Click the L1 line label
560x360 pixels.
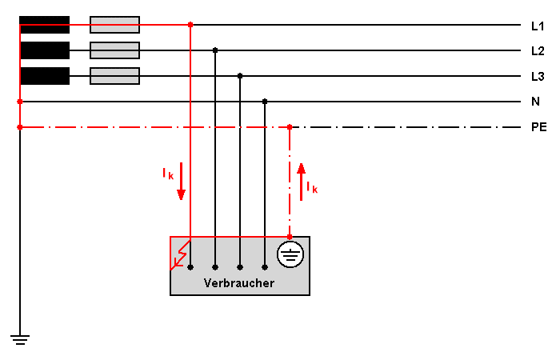(538, 26)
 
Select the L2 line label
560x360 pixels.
(538, 51)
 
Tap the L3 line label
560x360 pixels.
(538, 77)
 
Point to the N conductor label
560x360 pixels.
(535, 102)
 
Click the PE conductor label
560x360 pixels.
(539, 127)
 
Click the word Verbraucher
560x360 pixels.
(239, 283)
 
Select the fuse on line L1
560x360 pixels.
(114, 25)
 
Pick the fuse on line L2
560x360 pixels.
(114, 50)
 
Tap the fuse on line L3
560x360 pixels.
(114, 76)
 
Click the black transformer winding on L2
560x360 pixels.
(45, 50)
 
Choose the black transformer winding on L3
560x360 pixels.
(45, 76)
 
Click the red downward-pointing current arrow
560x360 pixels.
(181, 182)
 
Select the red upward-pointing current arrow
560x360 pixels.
(302, 182)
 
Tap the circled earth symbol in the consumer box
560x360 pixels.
(290, 254)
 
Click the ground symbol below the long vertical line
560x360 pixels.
(20, 340)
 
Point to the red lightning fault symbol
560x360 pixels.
(180, 255)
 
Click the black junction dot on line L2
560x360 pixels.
(215, 50)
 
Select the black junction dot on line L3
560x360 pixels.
(240, 76)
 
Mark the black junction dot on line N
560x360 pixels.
(265, 102)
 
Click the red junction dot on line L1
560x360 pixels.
(190, 25)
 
